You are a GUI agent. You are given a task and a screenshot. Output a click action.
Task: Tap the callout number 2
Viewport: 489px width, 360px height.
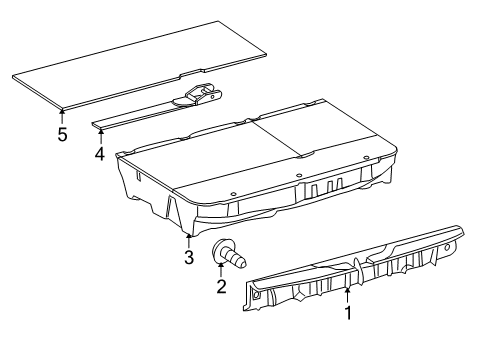pos(221,287)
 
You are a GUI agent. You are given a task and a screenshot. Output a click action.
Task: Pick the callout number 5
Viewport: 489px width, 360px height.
pos(62,134)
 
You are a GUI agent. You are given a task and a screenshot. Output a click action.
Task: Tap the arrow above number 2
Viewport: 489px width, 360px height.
pos(221,269)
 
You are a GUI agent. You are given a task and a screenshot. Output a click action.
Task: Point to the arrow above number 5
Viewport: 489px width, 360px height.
pos(62,114)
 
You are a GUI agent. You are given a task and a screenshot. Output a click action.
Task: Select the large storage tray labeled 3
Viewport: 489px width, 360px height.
pos(260,160)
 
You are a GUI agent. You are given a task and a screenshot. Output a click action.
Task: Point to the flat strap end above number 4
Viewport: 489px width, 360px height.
pos(105,125)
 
